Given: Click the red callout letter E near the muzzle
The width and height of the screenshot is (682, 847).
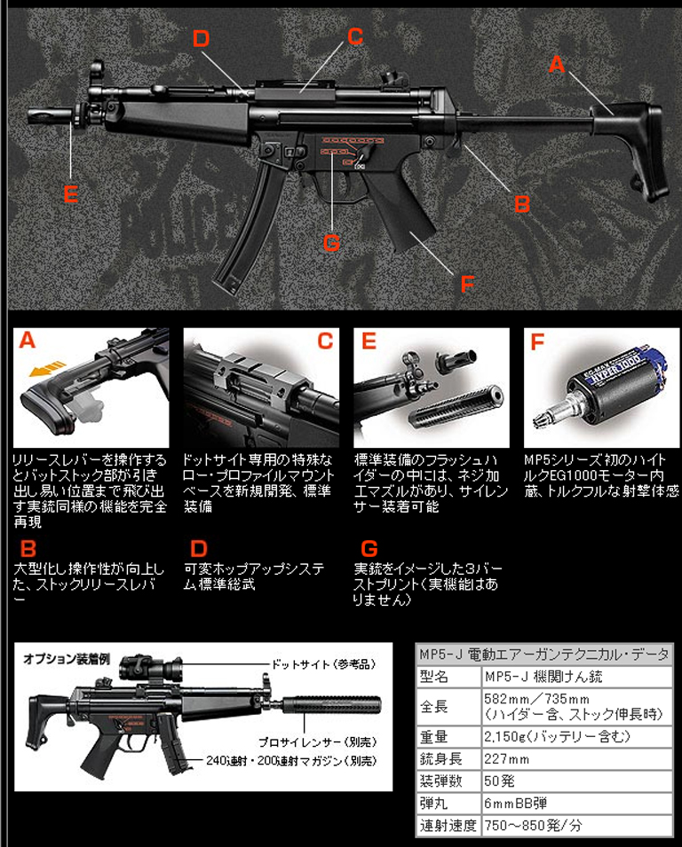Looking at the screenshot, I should (x=70, y=194).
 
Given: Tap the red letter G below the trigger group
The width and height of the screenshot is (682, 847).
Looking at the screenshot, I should (x=330, y=241).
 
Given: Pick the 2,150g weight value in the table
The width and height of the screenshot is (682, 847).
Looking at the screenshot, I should (x=556, y=736).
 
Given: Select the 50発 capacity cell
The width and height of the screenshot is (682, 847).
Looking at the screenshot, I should (x=499, y=781).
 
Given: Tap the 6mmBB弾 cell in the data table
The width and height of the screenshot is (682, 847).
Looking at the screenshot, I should (x=515, y=804).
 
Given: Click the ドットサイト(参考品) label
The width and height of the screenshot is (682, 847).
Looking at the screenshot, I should (x=327, y=664).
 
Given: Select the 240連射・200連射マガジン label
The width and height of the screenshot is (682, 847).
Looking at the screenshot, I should (x=289, y=761).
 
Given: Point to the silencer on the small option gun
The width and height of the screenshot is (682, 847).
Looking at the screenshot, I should (x=319, y=708).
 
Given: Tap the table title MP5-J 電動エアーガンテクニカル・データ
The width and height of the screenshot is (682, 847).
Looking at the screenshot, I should (x=544, y=654).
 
